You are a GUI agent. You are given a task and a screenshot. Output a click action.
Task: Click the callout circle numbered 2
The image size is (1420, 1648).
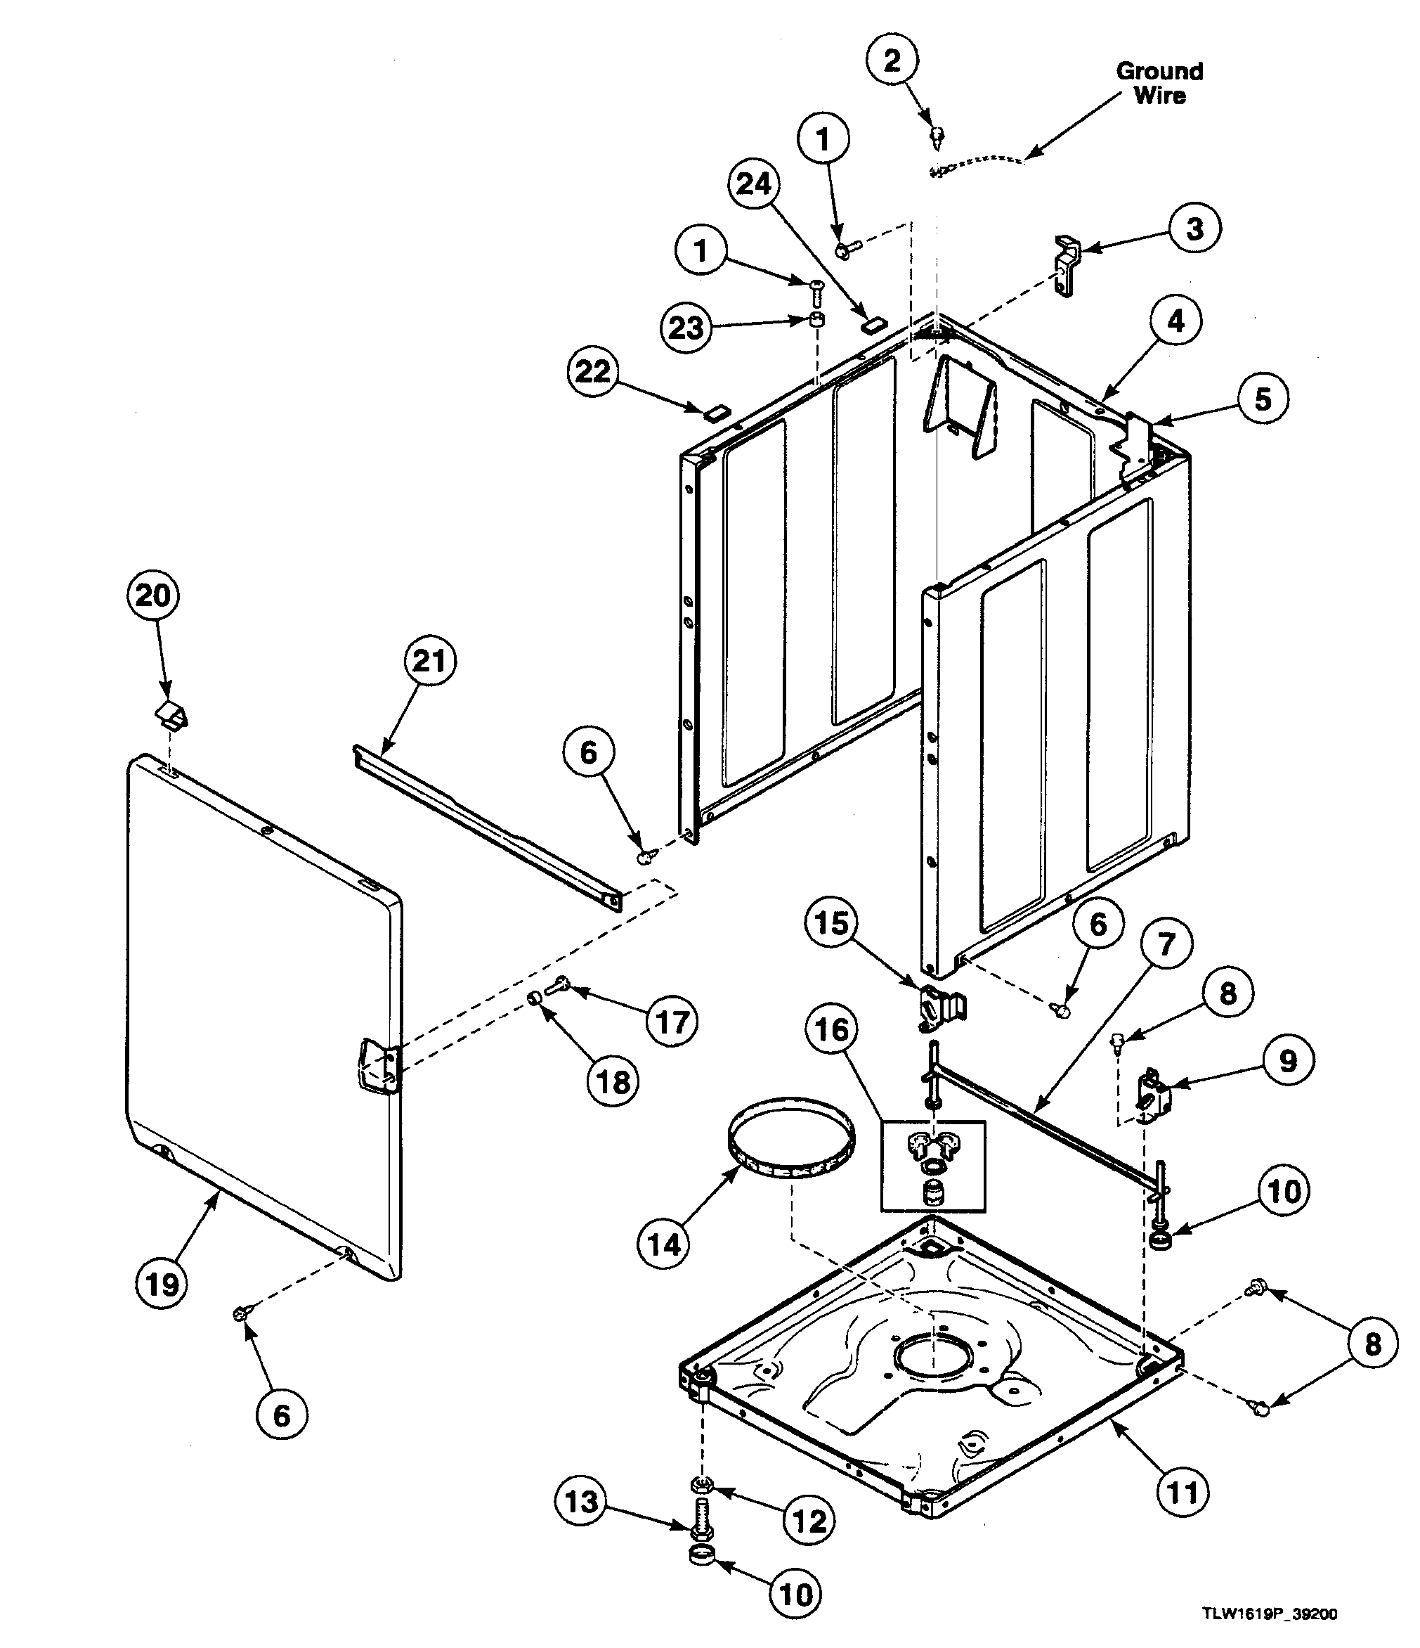[x=892, y=60]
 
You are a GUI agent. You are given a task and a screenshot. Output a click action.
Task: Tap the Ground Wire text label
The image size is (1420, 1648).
[x=1159, y=83]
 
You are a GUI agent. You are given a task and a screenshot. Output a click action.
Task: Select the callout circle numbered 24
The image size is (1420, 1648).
[x=754, y=184]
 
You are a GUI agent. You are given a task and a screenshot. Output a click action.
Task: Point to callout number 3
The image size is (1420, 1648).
[x=1194, y=229]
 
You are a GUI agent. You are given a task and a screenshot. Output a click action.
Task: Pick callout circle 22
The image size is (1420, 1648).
[x=593, y=371]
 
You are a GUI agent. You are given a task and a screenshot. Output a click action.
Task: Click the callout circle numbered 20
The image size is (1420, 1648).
[x=152, y=595]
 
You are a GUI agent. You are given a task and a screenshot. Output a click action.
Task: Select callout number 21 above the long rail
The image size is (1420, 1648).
[x=430, y=661]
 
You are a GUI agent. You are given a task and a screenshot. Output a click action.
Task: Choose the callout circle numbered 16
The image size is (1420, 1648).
[x=832, y=1031]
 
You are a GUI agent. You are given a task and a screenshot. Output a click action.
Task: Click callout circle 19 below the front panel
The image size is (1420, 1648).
[x=162, y=1284]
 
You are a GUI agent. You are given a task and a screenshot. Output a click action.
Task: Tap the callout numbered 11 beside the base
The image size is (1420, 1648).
[x=1182, y=1492]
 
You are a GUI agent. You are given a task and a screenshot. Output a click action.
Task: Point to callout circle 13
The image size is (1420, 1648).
[x=580, y=1502]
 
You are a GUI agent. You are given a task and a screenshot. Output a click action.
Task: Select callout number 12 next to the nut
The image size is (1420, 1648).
[x=809, y=1521]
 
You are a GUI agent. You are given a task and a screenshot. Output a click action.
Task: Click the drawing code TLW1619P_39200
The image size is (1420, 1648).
[x=1269, y=1614]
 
